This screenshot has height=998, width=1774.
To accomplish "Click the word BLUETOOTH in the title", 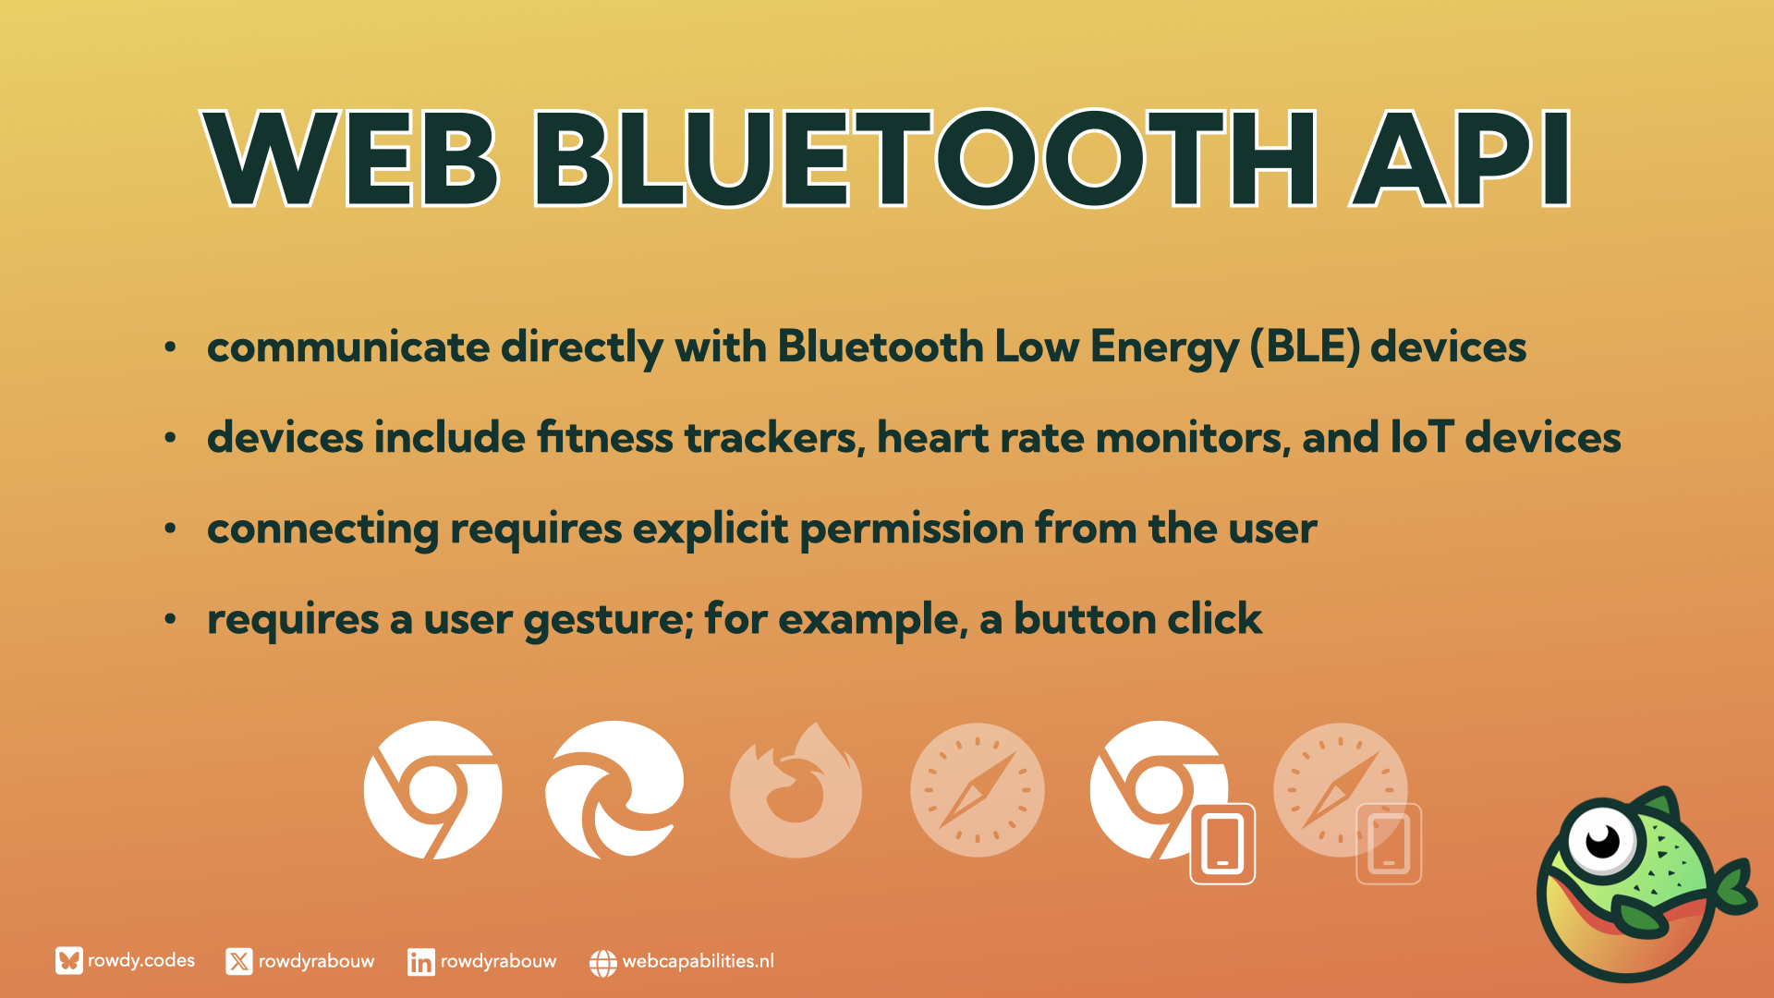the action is (924, 158).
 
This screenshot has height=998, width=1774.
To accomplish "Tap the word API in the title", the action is (1460, 158).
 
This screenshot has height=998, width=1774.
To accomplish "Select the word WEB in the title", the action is (351, 158).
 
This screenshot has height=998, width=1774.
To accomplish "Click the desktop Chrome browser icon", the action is (432, 790).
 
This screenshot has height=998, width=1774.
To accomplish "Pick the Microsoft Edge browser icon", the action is (614, 790).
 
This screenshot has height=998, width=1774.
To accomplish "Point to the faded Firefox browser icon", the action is (796, 790).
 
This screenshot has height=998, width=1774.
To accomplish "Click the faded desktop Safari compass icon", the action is (978, 790).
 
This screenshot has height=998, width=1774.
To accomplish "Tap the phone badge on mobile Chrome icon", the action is (1222, 844).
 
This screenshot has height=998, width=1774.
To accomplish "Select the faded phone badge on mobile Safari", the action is (1389, 844).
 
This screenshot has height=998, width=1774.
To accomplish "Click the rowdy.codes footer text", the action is (141, 961).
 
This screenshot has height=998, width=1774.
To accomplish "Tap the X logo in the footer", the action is (239, 962).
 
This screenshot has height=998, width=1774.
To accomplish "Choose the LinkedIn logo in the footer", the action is (420, 962).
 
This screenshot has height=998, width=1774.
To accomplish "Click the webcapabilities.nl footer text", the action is (699, 961).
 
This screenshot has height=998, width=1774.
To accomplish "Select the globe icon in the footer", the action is (602, 963).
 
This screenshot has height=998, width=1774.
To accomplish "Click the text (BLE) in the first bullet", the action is (1305, 347).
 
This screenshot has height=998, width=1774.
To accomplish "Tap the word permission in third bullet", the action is (912, 529).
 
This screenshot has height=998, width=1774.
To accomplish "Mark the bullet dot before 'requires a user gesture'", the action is (170, 619).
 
